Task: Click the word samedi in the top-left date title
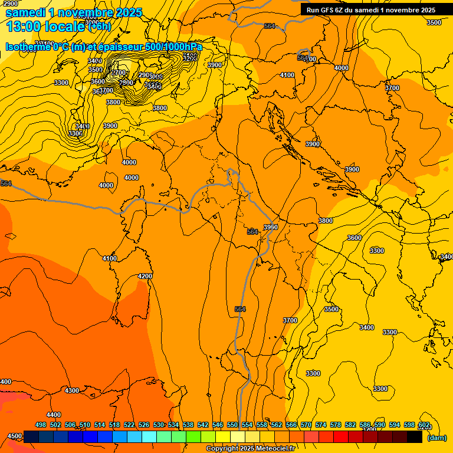coord(27,12)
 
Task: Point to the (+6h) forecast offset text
coord(99,26)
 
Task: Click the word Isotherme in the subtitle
coord(28,47)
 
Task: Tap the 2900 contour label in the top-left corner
coord(10,4)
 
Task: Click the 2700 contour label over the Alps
coord(119,73)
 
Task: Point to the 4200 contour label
coord(145,276)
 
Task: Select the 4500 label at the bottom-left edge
coord(15,436)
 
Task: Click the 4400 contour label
coord(54,415)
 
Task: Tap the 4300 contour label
coord(72,390)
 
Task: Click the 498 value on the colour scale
coord(41,425)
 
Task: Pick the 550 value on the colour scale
coord(232,425)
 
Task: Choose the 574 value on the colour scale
coord(321,425)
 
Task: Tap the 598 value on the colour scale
coord(409,425)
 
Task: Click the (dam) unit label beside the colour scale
coord(437,437)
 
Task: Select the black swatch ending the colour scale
coord(414,437)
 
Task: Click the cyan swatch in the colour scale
coord(149,437)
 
